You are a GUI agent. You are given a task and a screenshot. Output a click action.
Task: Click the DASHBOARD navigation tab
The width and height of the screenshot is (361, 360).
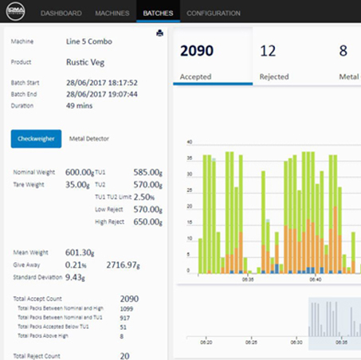click(61, 14)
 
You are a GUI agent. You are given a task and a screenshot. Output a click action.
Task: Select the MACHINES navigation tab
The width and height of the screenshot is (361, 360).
click(112, 14)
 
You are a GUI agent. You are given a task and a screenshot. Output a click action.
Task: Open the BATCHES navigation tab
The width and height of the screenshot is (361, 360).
click(158, 14)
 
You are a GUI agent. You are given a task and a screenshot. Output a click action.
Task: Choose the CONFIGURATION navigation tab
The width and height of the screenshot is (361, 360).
click(214, 14)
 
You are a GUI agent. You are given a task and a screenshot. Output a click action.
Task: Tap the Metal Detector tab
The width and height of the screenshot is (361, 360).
click(88, 138)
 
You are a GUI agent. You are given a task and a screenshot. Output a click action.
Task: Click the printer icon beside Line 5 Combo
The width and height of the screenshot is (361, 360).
click(159, 33)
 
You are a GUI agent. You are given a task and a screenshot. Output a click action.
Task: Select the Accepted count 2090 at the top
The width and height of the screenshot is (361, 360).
click(197, 52)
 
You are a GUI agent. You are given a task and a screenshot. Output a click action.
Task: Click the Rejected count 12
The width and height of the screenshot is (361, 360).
click(268, 52)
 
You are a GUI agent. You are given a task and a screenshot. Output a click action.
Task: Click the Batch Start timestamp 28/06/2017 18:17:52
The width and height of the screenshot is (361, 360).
click(101, 81)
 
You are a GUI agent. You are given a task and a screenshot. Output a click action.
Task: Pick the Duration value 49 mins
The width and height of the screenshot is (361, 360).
click(80, 104)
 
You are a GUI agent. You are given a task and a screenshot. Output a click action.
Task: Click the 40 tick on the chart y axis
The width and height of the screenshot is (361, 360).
click(188, 143)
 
